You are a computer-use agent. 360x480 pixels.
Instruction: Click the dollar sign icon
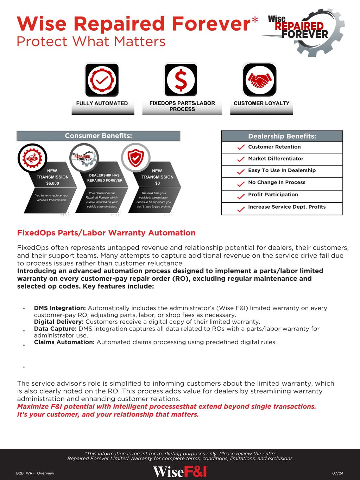(x=181, y=80)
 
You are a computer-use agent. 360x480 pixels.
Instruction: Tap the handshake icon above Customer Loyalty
(x=260, y=80)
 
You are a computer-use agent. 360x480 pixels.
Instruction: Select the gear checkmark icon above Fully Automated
(x=102, y=80)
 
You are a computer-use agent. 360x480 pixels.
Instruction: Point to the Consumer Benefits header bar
(x=98, y=136)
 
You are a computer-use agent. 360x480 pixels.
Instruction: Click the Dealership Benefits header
(x=282, y=136)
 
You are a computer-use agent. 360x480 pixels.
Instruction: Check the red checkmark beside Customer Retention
(x=241, y=147)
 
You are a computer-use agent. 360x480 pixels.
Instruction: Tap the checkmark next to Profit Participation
(x=241, y=195)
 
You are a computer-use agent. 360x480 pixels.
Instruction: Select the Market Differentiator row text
(x=276, y=159)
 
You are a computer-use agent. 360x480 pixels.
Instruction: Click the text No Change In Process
(x=277, y=182)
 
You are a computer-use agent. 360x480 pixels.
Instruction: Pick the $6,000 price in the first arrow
(x=53, y=183)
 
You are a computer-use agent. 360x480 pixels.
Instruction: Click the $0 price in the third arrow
(x=157, y=183)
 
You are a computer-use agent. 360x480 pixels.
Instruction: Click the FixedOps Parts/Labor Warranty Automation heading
(x=106, y=233)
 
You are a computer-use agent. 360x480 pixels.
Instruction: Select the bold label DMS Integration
(x=60, y=308)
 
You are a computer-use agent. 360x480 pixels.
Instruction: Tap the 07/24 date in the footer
(x=338, y=473)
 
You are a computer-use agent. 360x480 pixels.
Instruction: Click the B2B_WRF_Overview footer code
(x=35, y=473)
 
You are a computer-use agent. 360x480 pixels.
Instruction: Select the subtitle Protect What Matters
(x=91, y=42)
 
